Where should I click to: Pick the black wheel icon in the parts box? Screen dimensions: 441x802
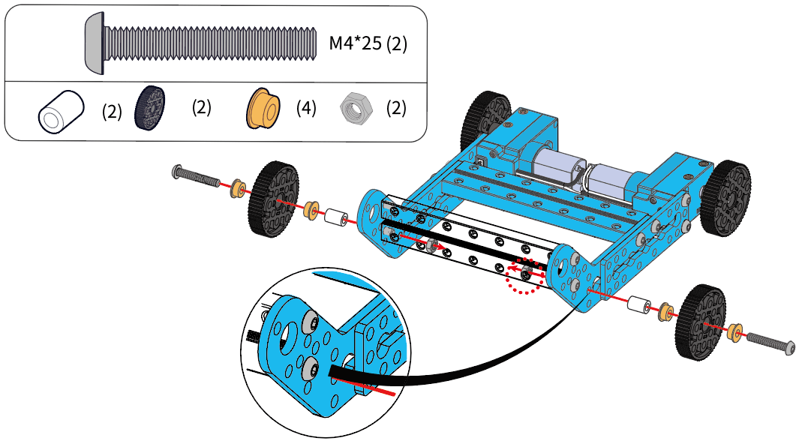tap(150, 106)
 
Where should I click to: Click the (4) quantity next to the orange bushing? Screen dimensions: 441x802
tap(306, 108)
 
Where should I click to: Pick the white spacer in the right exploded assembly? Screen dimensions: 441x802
tap(638, 304)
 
